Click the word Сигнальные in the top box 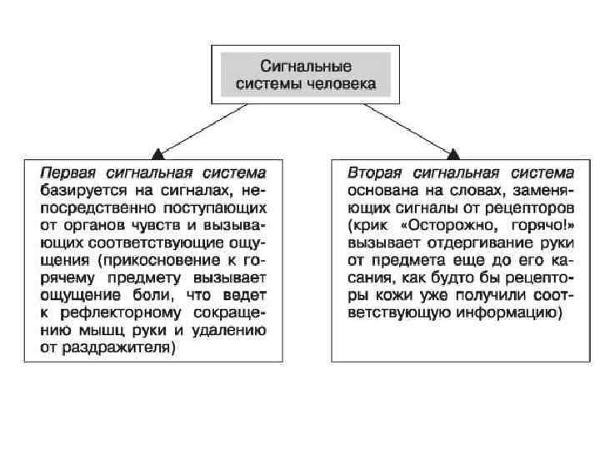click(x=306, y=66)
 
